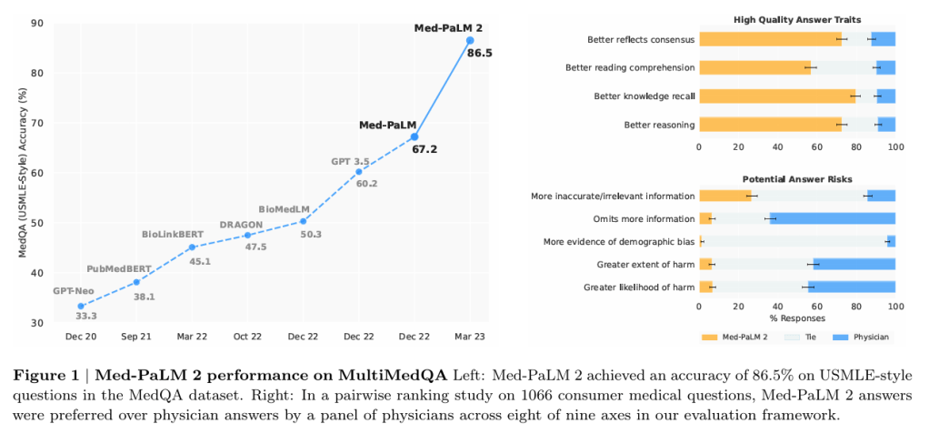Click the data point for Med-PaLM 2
(x=470, y=40)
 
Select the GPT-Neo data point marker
(x=81, y=306)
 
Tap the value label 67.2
(x=424, y=148)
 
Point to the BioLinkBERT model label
(x=172, y=235)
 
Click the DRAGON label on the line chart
(x=241, y=224)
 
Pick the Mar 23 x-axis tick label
(x=470, y=336)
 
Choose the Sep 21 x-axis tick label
(x=136, y=336)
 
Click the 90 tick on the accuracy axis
(x=37, y=23)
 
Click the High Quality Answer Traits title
(x=797, y=19)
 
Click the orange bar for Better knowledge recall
(x=777, y=96)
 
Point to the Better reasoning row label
(x=659, y=124)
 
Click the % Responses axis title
(x=797, y=318)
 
